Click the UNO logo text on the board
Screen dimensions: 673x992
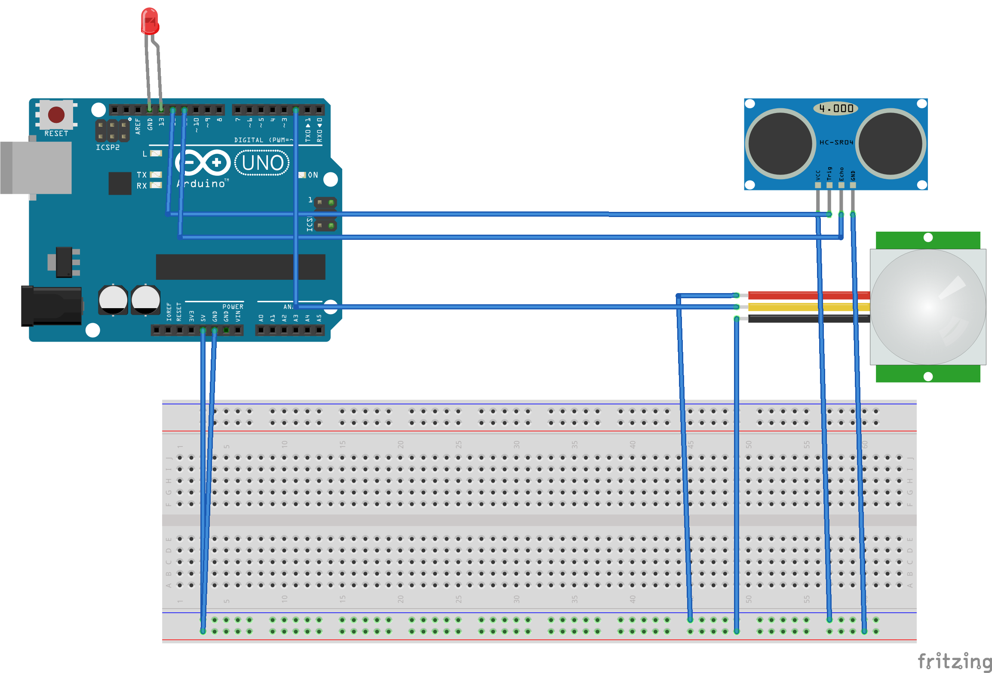pyautogui.click(x=262, y=163)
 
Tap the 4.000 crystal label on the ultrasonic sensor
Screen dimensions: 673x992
pyautogui.click(x=835, y=108)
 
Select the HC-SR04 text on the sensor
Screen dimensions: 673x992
pyautogui.click(x=835, y=142)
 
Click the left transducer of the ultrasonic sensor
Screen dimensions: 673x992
pyautogui.click(x=780, y=144)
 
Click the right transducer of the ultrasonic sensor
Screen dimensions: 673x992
pyautogui.click(x=890, y=144)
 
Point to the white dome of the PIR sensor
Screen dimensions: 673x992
pyautogui.click(x=928, y=306)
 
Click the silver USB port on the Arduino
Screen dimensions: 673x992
pyautogui.click(x=36, y=168)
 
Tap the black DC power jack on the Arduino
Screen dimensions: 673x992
pyautogui.click(x=52, y=306)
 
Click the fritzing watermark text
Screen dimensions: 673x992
pyautogui.click(x=954, y=661)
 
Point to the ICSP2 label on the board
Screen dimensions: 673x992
pyautogui.click(x=107, y=147)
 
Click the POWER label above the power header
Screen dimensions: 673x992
pyautogui.click(x=233, y=306)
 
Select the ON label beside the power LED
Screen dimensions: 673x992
pyautogui.click(x=313, y=175)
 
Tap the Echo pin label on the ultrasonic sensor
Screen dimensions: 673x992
pyautogui.click(x=842, y=174)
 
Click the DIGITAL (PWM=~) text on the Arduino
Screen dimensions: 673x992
pyautogui.click(x=263, y=140)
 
